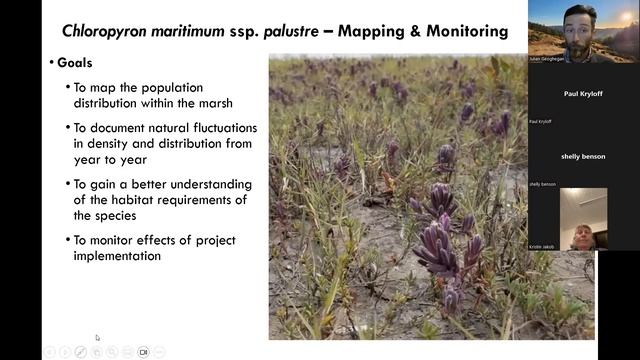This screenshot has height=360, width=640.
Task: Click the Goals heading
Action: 75,63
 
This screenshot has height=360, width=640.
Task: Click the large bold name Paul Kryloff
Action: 584,94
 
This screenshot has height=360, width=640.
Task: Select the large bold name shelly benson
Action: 583,157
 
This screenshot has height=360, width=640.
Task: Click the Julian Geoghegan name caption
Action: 546,59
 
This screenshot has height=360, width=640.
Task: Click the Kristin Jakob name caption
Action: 541,245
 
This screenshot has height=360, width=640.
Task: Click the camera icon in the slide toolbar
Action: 143,352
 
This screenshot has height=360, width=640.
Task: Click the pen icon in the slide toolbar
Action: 80,352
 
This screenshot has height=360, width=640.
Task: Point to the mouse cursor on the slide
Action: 97,338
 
